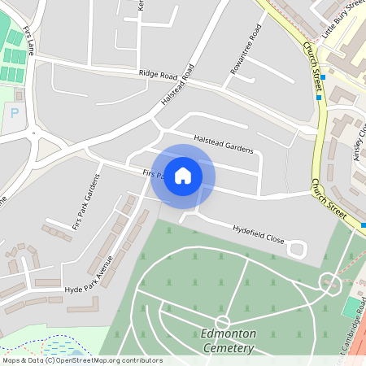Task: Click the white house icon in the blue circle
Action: click(183, 175)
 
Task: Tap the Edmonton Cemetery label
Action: click(228, 341)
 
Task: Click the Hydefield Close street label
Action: click(259, 234)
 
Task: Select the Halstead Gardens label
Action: click(224, 145)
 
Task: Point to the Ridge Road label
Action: click(158, 74)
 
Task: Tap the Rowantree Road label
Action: click(246, 50)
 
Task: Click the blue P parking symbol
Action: click(14, 113)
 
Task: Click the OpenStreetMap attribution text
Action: click(81, 360)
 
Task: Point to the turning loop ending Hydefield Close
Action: click(298, 248)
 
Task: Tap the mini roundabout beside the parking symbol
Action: click(34, 133)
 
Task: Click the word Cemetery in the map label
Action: click(228, 349)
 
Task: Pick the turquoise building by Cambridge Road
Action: click(351, 307)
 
